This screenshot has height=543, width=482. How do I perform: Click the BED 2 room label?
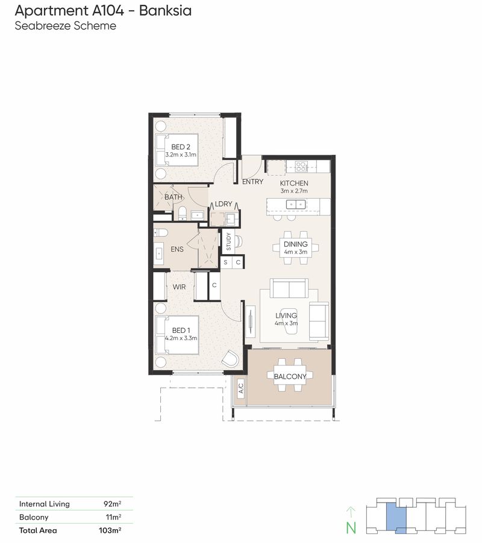pyautogui.click(x=181, y=147)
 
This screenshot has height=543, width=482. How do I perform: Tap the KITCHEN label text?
pyautogui.click(x=294, y=183)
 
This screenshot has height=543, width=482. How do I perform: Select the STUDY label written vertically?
pyautogui.click(x=228, y=241)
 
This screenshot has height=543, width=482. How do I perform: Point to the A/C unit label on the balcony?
pyautogui.click(x=241, y=388)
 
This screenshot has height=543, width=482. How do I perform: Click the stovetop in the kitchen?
pyautogui.click(x=301, y=167)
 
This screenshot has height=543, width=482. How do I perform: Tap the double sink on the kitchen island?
pyautogui.click(x=296, y=204)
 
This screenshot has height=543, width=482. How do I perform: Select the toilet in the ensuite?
pyautogui.click(x=161, y=232)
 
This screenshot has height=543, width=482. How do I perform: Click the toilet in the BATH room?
pyautogui.click(x=183, y=213)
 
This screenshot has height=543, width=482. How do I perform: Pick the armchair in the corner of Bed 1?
pyautogui.click(x=230, y=358)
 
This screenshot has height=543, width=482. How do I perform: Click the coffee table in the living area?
pyautogui.click(x=289, y=321)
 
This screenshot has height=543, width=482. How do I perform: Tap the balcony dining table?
pyautogui.click(x=290, y=375)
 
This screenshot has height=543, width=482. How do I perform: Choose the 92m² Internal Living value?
pyautogui.click(x=112, y=503)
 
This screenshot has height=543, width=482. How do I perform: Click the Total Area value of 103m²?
pyautogui.click(x=110, y=530)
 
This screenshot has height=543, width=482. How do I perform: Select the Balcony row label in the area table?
pyautogui.click(x=34, y=517)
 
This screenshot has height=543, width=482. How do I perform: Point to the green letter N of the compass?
pyautogui.click(x=351, y=528)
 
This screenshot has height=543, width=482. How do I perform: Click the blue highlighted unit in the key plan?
pyautogui.click(x=396, y=517)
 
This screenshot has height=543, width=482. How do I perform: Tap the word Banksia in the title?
pyautogui.click(x=165, y=10)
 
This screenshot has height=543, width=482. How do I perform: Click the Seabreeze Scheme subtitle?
pyautogui.click(x=66, y=26)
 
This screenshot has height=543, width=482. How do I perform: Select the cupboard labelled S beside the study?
pyautogui.click(x=225, y=262)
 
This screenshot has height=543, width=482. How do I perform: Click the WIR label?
pyautogui.click(x=179, y=287)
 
